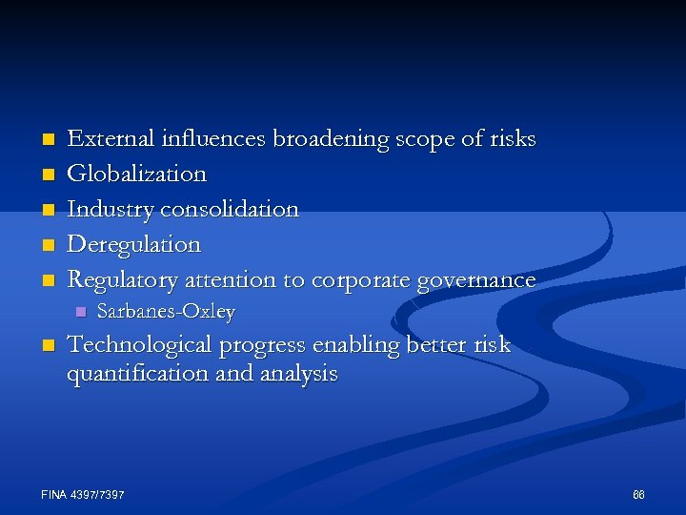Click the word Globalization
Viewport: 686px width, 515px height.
coord(136,174)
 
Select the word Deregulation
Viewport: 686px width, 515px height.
coord(133,244)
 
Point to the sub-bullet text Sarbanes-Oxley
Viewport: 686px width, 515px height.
coord(166,312)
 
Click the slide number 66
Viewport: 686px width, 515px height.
coord(638,495)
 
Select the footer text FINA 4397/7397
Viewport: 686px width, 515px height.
coord(83,495)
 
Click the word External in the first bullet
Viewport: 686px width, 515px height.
coord(106,139)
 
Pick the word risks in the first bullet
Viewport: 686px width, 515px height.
coord(513,139)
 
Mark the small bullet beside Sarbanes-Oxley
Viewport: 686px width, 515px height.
coord(80,312)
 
